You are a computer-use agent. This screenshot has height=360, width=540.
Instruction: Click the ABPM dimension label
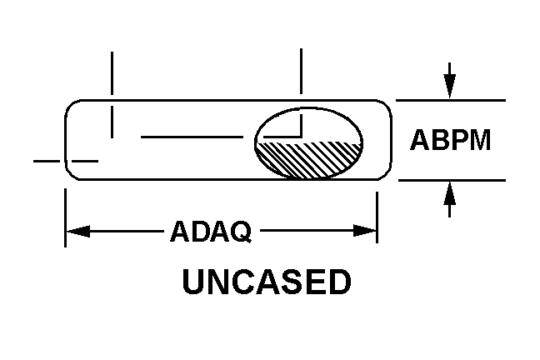[x=450, y=140]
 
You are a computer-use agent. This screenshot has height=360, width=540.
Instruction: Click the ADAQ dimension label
[x=211, y=232]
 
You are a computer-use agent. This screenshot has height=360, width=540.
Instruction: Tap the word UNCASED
[x=267, y=282]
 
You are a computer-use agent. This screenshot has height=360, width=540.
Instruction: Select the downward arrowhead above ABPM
[x=449, y=85]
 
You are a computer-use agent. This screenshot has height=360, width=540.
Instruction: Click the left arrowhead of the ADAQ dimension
[x=78, y=231]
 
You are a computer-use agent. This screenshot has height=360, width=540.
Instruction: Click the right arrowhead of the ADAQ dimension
[x=365, y=231]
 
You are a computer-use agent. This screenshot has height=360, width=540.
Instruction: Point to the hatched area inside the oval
[x=308, y=158]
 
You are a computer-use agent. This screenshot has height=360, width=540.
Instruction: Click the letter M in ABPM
[x=480, y=140]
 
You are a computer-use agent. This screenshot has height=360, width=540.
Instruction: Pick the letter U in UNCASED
[x=193, y=282]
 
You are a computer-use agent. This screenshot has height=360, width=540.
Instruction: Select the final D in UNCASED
[x=340, y=282]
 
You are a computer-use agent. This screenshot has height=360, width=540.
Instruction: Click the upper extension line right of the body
[x=451, y=100]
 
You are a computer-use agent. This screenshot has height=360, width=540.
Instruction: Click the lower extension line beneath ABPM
[x=452, y=180]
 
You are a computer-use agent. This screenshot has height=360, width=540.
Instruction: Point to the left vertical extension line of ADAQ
[x=66, y=217]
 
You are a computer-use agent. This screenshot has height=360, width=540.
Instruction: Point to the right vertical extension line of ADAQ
[x=377, y=217]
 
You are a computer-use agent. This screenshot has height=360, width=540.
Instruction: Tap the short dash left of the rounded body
[x=47, y=161]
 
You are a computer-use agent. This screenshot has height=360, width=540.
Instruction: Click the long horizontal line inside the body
[x=192, y=137]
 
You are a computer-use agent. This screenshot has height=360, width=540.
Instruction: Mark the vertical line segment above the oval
[x=302, y=71]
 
